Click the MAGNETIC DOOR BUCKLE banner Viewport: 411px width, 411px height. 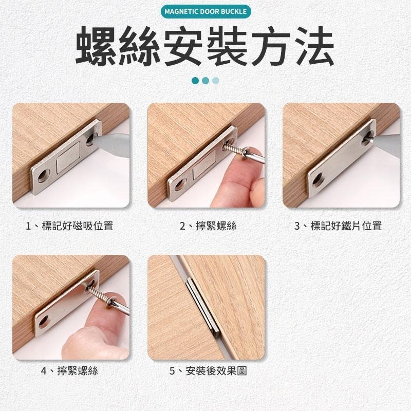tap(205, 11)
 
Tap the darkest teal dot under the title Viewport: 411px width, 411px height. tap(195, 81)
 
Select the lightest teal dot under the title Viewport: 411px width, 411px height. tap(216, 81)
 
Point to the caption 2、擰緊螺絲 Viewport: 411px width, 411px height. tap(208, 226)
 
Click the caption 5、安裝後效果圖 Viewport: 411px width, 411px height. tap(208, 370)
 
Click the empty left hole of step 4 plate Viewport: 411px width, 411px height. tap(43, 322)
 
